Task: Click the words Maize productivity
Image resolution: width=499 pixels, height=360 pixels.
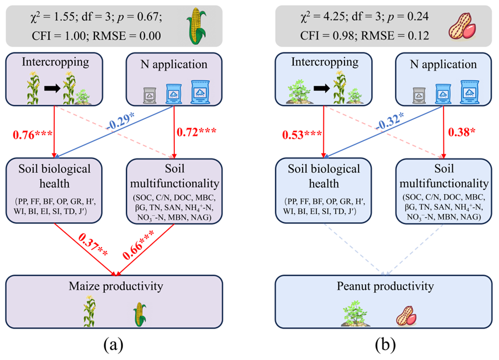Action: click(115, 285)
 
